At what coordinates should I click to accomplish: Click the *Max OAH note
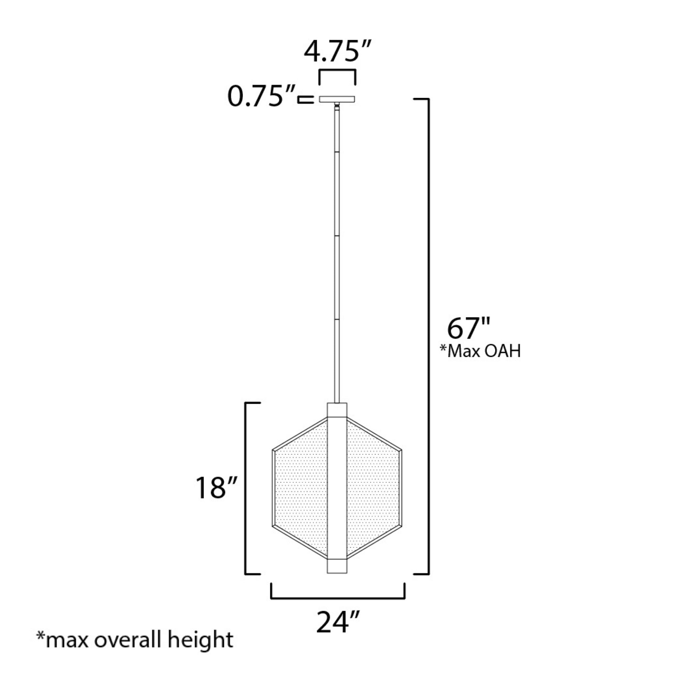480,351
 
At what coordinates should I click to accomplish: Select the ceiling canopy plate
337,99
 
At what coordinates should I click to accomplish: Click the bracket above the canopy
337,71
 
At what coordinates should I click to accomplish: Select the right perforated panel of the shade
374,488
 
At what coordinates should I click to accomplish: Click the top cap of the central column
337,410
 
